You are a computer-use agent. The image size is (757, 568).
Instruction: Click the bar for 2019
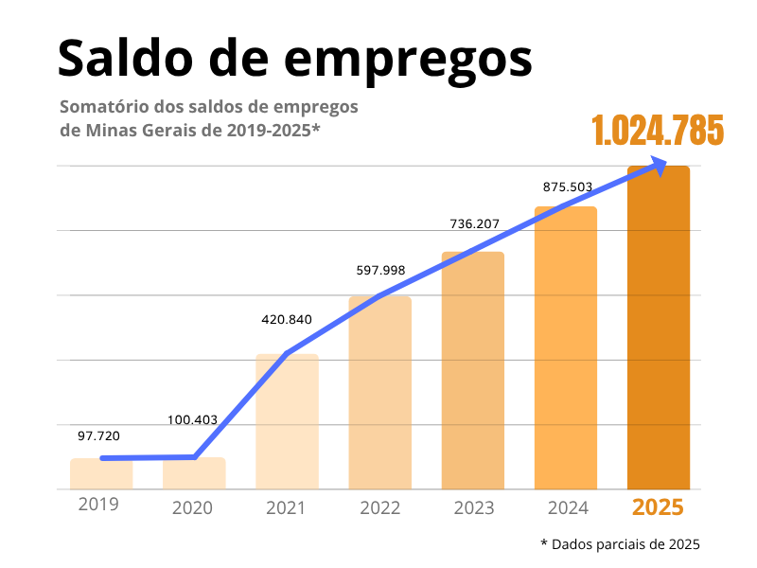click(x=101, y=474)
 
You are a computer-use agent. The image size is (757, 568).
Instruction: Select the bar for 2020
click(x=194, y=474)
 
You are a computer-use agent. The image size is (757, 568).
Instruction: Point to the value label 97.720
click(x=98, y=435)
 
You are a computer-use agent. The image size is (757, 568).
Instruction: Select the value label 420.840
click(x=286, y=319)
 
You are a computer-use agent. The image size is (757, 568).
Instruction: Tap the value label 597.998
click(x=380, y=270)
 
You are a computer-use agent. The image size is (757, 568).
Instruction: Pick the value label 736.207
click(x=473, y=224)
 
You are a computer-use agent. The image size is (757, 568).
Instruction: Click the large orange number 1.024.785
click(x=658, y=130)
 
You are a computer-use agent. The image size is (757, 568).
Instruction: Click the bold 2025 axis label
click(x=658, y=507)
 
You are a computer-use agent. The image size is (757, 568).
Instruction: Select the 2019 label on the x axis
click(x=98, y=504)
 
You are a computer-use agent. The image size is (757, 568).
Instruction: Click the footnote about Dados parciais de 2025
click(x=620, y=544)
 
